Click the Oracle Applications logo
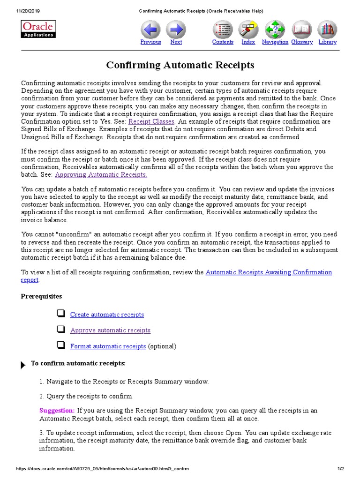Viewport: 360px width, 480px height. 39,29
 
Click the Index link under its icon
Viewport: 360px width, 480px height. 248,42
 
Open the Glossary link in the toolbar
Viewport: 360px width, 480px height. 302,42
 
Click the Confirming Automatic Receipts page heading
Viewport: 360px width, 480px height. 180,65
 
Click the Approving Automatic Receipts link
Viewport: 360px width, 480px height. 101,174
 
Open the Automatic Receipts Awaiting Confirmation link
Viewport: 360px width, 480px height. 269,272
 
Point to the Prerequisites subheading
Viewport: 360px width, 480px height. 41,296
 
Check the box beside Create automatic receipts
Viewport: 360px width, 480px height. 60,314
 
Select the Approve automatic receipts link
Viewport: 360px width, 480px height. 110,330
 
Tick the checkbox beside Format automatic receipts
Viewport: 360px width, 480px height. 60,345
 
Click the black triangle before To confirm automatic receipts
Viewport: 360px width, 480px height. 23,365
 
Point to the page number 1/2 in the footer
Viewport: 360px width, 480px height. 341,469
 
